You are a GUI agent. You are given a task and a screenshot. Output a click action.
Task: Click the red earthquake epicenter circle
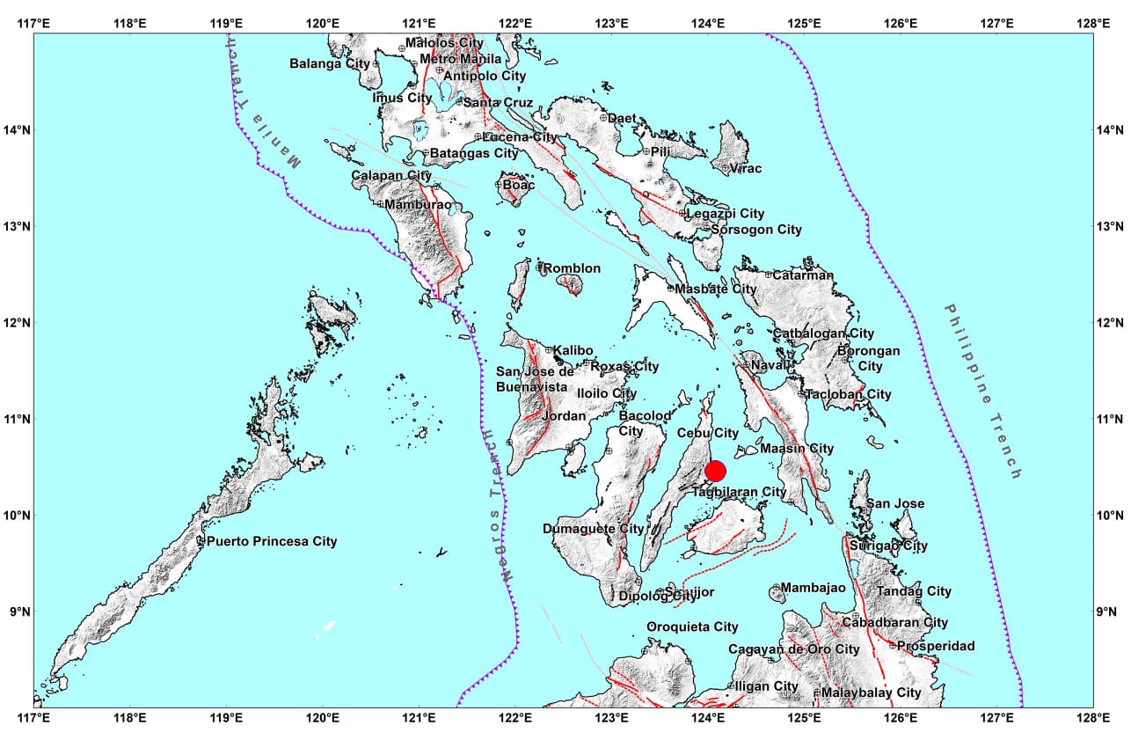point(715,471)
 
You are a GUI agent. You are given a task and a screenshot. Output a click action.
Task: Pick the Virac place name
point(746,168)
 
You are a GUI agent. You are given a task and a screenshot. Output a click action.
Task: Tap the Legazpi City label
point(726,214)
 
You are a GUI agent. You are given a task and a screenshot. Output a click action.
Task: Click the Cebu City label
point(708,433)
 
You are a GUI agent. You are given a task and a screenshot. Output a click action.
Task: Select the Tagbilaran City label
point(738,492)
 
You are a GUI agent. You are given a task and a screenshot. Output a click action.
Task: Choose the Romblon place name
point(573,268)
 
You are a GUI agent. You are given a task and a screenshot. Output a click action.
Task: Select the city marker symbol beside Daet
point(603,117)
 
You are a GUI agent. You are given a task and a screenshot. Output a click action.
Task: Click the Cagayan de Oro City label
point(793,649)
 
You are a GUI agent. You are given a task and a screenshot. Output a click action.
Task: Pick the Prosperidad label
point(937,646)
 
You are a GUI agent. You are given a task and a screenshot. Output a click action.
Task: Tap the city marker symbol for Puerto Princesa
point(201,541)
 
